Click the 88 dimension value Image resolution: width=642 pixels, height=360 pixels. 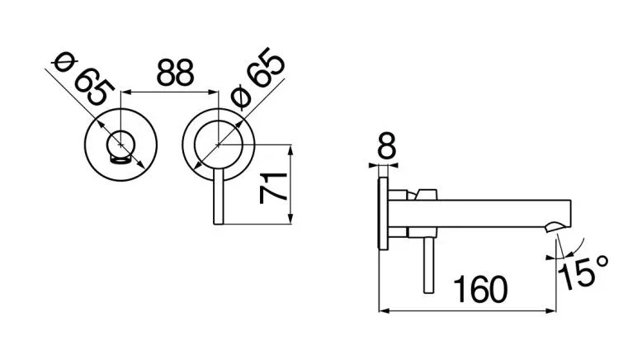[175, 73]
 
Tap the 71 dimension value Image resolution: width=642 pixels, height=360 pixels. [273, 188]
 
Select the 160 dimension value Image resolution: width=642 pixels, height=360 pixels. [481, 290]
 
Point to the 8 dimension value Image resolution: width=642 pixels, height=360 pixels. [387, 145]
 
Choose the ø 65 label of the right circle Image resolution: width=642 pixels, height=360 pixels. [257, 78]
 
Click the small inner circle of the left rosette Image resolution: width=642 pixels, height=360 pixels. [120, 145]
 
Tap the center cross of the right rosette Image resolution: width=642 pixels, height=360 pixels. [219, 144]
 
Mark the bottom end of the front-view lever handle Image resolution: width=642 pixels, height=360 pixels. [219, 224]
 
